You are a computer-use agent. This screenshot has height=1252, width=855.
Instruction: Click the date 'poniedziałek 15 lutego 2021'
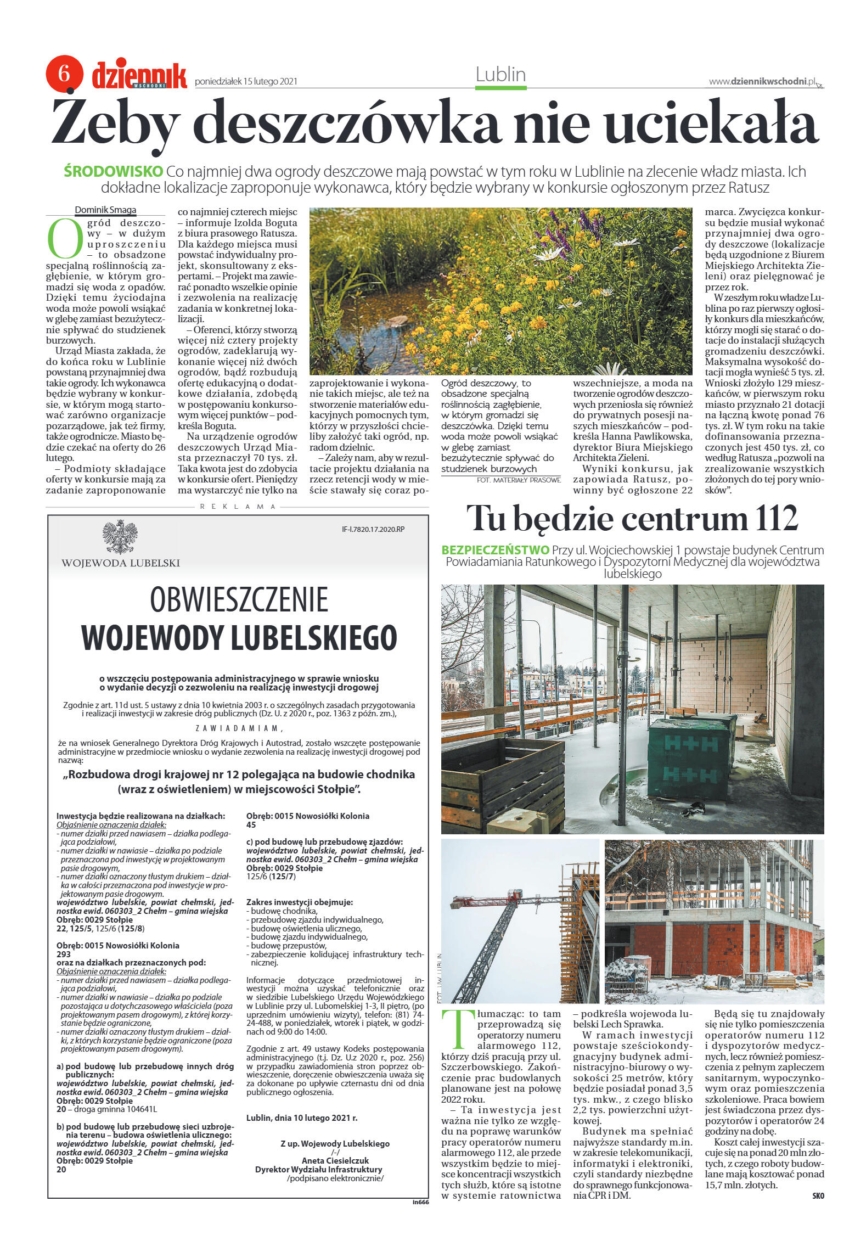point(246,82)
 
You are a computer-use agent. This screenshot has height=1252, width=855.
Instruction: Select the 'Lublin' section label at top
point(500,75)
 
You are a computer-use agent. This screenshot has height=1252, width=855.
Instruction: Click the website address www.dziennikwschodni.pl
point(762,82)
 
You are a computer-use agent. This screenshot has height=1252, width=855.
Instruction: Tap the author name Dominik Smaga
point(106,210)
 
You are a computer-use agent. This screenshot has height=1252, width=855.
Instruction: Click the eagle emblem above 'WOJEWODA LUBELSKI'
point(120,537)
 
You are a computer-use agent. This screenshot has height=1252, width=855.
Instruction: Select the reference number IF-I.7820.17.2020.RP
point(376,530)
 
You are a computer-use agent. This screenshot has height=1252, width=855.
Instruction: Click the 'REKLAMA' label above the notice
point(238,507)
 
